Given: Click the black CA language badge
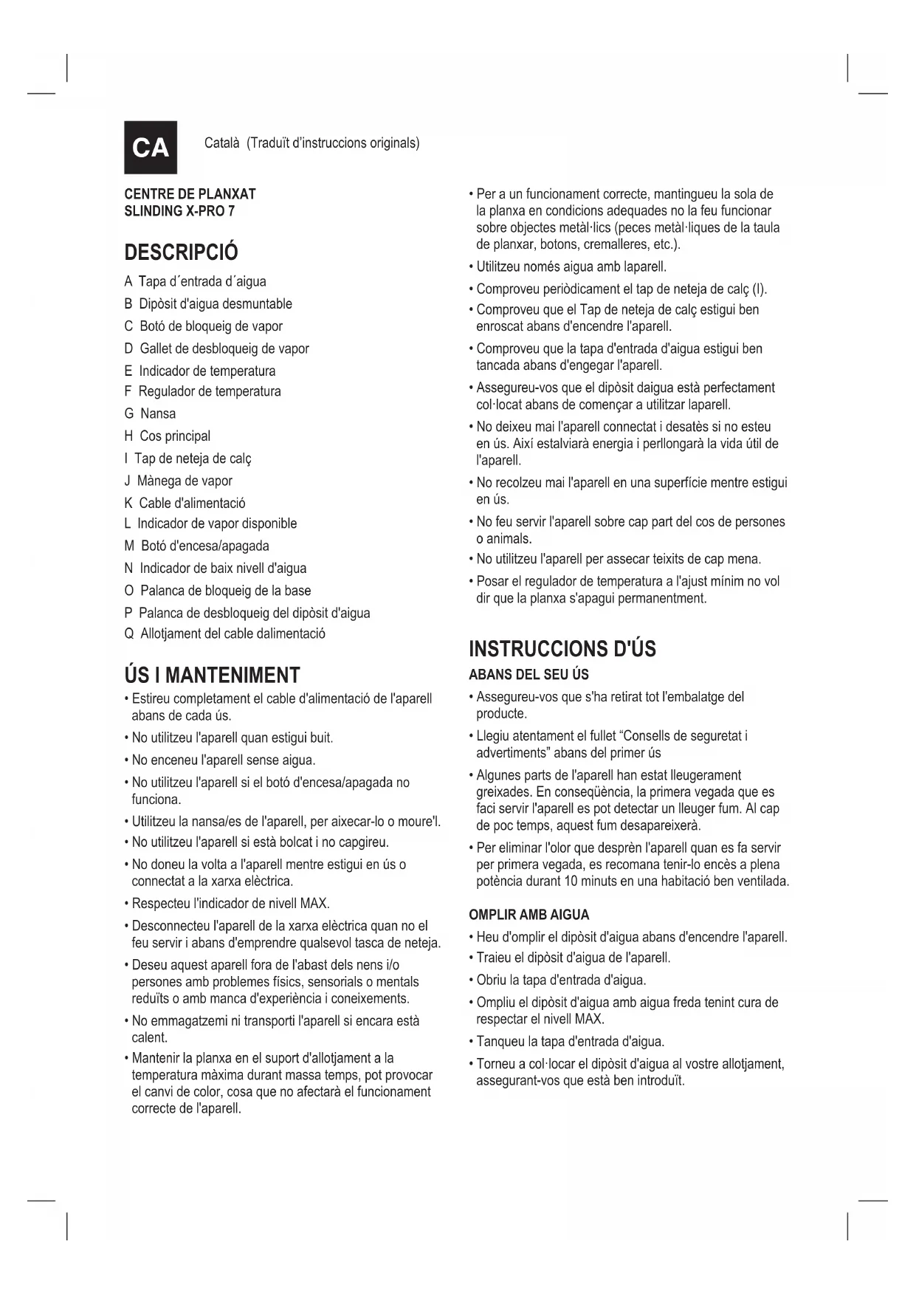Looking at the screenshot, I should (x=151, y=147).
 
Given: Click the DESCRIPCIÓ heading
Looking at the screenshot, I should (x=181, y=253).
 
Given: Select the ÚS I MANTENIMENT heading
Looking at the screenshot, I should (x=212, y=675).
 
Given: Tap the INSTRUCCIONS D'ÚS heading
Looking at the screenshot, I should (x=562, y=649).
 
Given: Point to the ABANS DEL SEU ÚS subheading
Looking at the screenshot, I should (x=528, y=675).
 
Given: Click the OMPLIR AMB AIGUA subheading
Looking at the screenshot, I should (x=528, y=915).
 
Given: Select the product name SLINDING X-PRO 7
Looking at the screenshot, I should (x=179, y=211).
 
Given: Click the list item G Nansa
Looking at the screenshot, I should (x=150, y=413).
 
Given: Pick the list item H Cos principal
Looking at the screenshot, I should (x=168, y=436).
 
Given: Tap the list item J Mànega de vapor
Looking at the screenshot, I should (x=178, y=481).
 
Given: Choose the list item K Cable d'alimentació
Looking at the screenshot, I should (x=185, y=503).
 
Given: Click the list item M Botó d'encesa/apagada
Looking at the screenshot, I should (x=196, y=546).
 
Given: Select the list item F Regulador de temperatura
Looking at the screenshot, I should (x=202, y=391).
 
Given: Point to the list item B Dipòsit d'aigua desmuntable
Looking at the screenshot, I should (x=208, y=303).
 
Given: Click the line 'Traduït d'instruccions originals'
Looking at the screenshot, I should (x=334, y=142).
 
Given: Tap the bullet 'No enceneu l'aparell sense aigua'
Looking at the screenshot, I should (x=223, y=760).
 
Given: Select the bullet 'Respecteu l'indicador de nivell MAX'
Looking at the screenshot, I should (x=230, y=903).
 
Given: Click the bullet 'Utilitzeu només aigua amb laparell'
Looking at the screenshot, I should (x=571, y=267).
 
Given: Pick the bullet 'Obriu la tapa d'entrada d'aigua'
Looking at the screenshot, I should (x=561, y=980).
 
